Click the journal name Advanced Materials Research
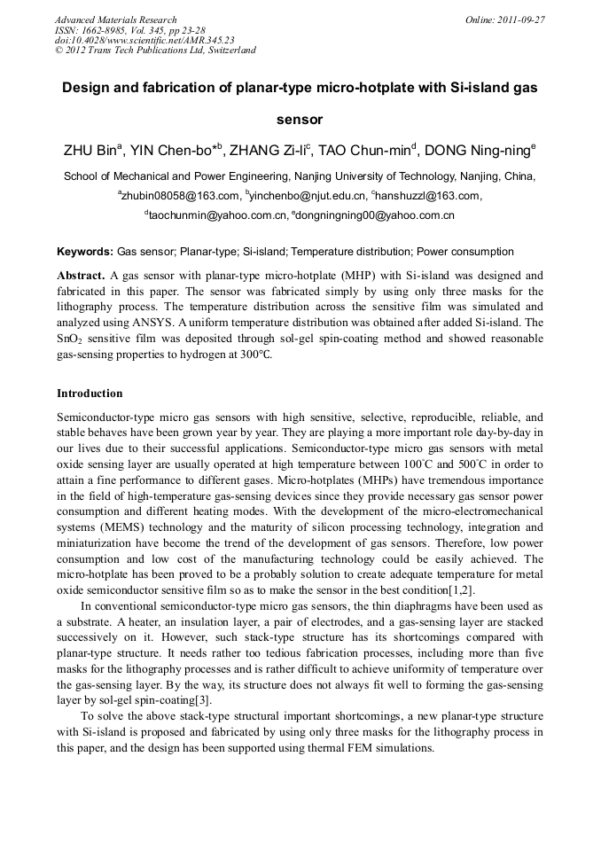[x=115, y=19]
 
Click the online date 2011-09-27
[x=519, y=19]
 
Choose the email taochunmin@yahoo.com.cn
[x=217, y=215]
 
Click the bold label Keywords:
[x=85, y=252]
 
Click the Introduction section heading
[x=90, y=393]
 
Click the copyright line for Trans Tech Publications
[x=155, y=51]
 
